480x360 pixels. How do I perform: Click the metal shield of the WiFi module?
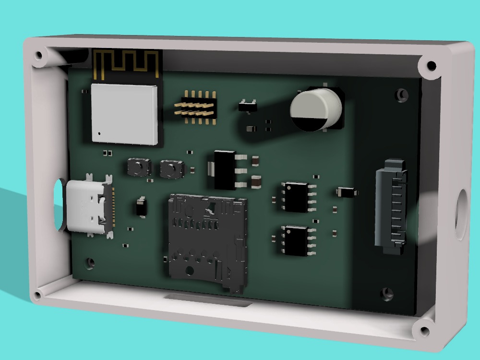[x=124, y=114]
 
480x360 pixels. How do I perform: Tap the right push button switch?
[x=171, y=169]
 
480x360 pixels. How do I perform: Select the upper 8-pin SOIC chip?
[x=296, y=196]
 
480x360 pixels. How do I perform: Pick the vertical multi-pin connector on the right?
[x=391, y=206]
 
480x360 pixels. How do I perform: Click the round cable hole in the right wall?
[x=461, y=214]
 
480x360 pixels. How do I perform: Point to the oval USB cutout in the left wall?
[x=59, y=204]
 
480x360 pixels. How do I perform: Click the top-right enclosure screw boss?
[x=431, y=65]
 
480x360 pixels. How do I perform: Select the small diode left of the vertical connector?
[x=347, y=192]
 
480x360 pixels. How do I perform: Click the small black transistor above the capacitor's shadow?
[x=248, y=105]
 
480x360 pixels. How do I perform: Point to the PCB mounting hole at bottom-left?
[x=89, y=262]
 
